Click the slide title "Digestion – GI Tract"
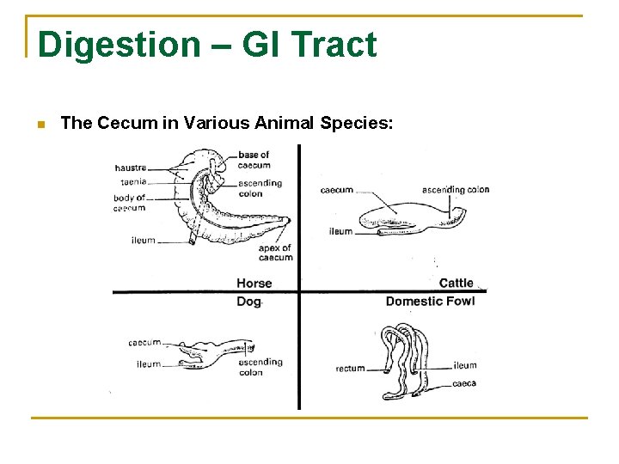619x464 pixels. (x=207, y=45)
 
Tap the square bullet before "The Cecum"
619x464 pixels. (x=40, y=125)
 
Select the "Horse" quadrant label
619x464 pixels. (x=254, y=283)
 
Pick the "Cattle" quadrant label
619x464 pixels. (x=456, y=283)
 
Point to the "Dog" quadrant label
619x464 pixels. (x=248, y=302)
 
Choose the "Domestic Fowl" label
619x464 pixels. (x=430, y=302)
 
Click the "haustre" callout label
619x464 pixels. (x=131, y=168)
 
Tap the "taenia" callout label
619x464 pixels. (x=133, y=182)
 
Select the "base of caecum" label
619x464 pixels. (x=254, y=160)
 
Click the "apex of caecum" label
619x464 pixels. (x=275, y=253)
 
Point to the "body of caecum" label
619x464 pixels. (x=129, y=203)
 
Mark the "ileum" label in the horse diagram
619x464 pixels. (x=144, y=240)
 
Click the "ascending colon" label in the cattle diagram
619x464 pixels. (x=456, y=189)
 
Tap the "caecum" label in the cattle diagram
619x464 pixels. (x=336, y=190)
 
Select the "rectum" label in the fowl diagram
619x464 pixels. (x=350, y=369)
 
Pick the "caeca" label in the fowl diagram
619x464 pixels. (x=464, y=383)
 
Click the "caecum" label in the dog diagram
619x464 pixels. (x=144, y=343)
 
